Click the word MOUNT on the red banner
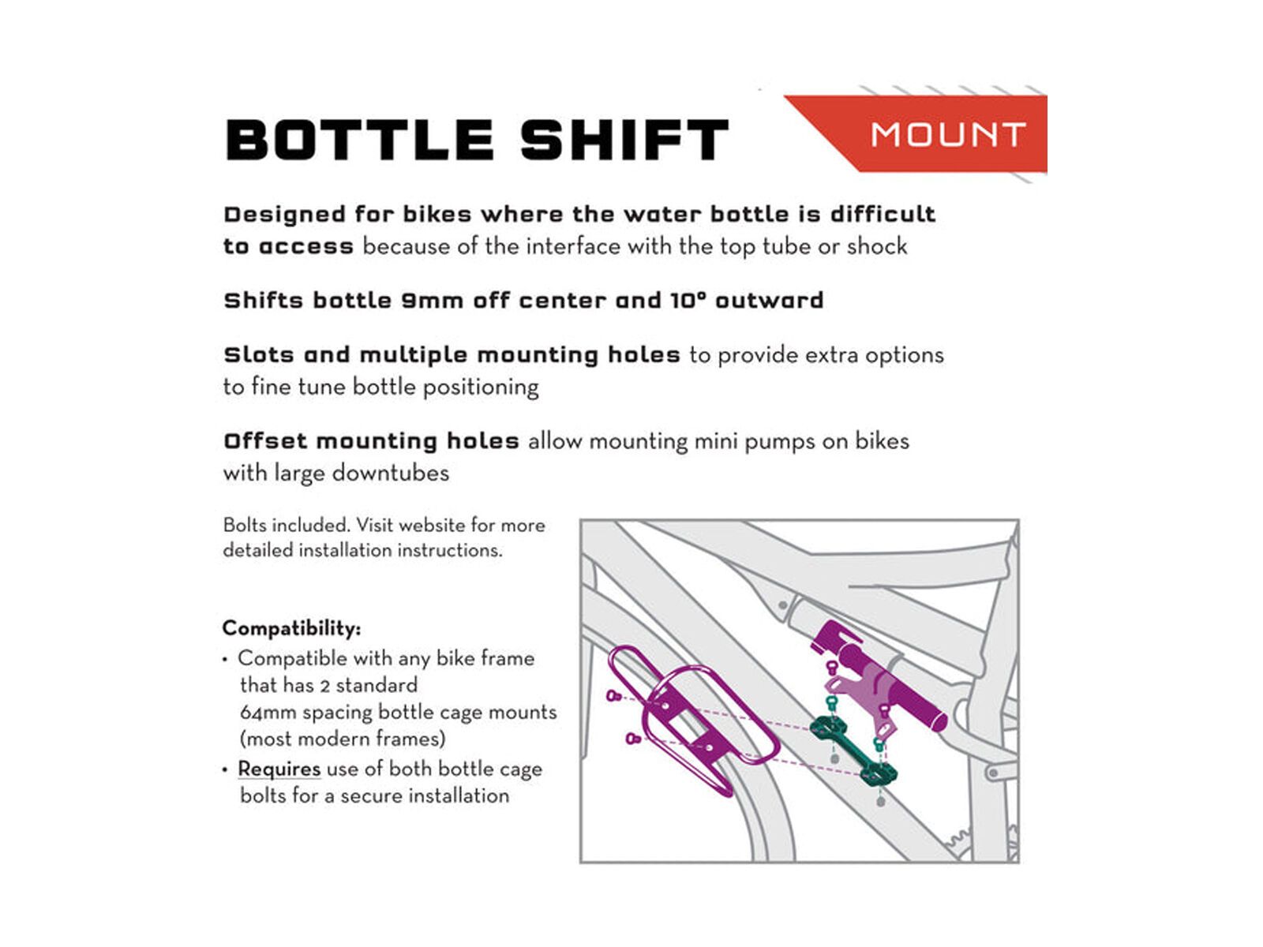[948, 135]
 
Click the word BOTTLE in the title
[360, 140]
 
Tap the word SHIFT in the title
[624, 140]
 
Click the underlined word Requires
[279, 769]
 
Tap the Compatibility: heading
[291, 628]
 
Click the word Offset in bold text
[264, 441]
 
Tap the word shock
[877, 247]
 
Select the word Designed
[284, 215]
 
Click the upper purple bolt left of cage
[613, 695]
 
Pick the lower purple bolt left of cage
[631, 739]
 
